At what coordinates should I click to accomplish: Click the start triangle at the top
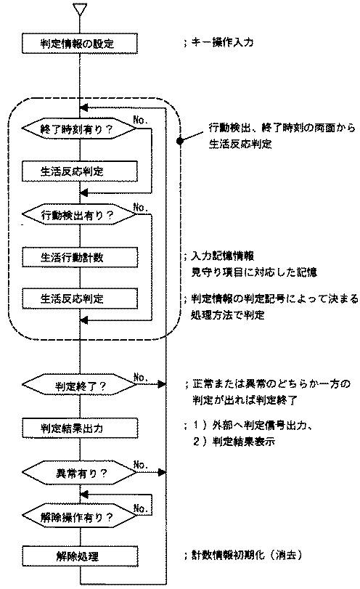click(80, 9)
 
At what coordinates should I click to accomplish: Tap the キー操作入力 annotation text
click(226, 44)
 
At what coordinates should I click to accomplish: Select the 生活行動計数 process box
click(79, 257)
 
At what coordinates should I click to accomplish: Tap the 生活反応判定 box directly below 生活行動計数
click(79, 298)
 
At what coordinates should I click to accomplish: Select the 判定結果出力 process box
click(79, 428)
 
